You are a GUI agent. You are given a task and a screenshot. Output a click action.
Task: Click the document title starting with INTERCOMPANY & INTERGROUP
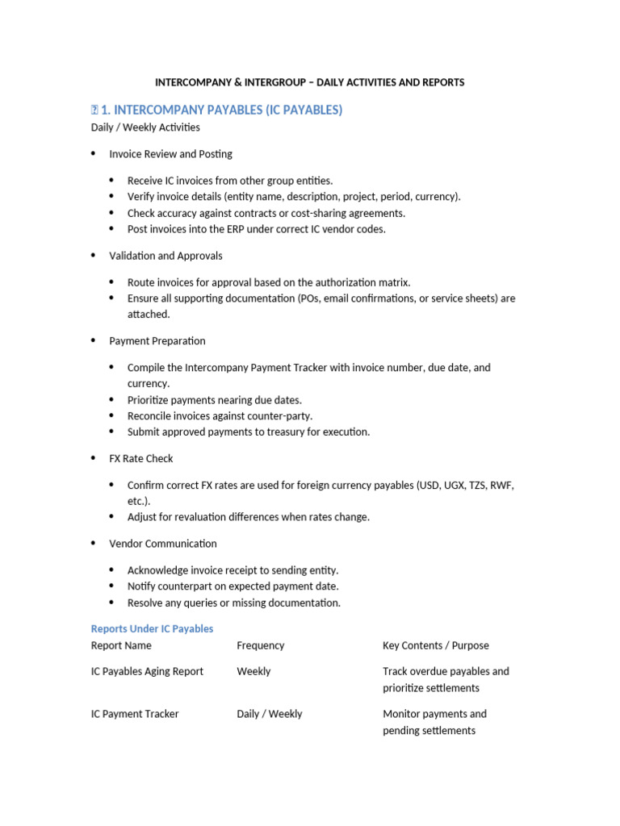point(309,82)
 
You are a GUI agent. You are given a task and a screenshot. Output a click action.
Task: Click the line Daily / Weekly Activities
point(145,127)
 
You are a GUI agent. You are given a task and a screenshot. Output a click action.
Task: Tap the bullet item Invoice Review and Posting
point(170,154)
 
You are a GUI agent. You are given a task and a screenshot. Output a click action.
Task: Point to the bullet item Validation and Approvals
point(165,256)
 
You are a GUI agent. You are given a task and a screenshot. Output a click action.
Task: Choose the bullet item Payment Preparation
point(157,341)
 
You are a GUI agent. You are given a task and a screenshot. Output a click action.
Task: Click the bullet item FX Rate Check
point(141,458)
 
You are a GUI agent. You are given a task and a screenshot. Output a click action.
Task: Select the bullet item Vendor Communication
point(163,544)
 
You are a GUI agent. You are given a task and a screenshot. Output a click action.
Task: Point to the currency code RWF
point(501,486)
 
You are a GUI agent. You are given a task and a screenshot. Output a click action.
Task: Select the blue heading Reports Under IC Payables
point(152,628)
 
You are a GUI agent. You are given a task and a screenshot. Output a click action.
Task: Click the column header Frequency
point(260,645)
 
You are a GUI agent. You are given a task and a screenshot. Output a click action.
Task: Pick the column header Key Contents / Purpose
point(435,645)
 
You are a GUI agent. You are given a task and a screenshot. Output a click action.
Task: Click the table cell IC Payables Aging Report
point(147,671)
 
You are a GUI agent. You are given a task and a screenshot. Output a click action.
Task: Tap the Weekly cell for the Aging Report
point(253,671)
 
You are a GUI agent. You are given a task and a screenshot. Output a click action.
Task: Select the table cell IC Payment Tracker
point(135,714)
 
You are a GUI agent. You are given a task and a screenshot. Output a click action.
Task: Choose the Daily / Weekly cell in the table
point(269,714)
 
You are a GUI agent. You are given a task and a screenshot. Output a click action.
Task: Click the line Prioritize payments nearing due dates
point(214,400)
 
